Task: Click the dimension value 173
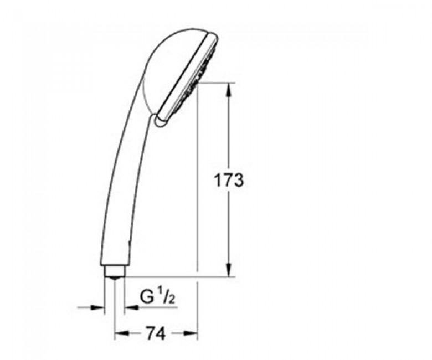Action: pyautogui.click(x=229, y=181)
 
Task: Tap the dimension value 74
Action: pyautogui.click(x=156, y=333)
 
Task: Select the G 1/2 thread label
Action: pyautogui.click(x=158, y=297)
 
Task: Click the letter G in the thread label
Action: pyautogui.click(x=147, y=297)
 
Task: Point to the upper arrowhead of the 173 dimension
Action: pyautogui.click(x=229, y=90)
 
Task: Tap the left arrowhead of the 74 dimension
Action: pyautogui.click(x=121, y=333)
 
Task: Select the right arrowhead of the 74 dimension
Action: pyautogui.click(x=191, y=333)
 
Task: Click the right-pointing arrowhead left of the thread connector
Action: pyautogui.click(x=98, y=307)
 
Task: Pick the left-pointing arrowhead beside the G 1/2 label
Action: pyautogui.click(x=131, y=307)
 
